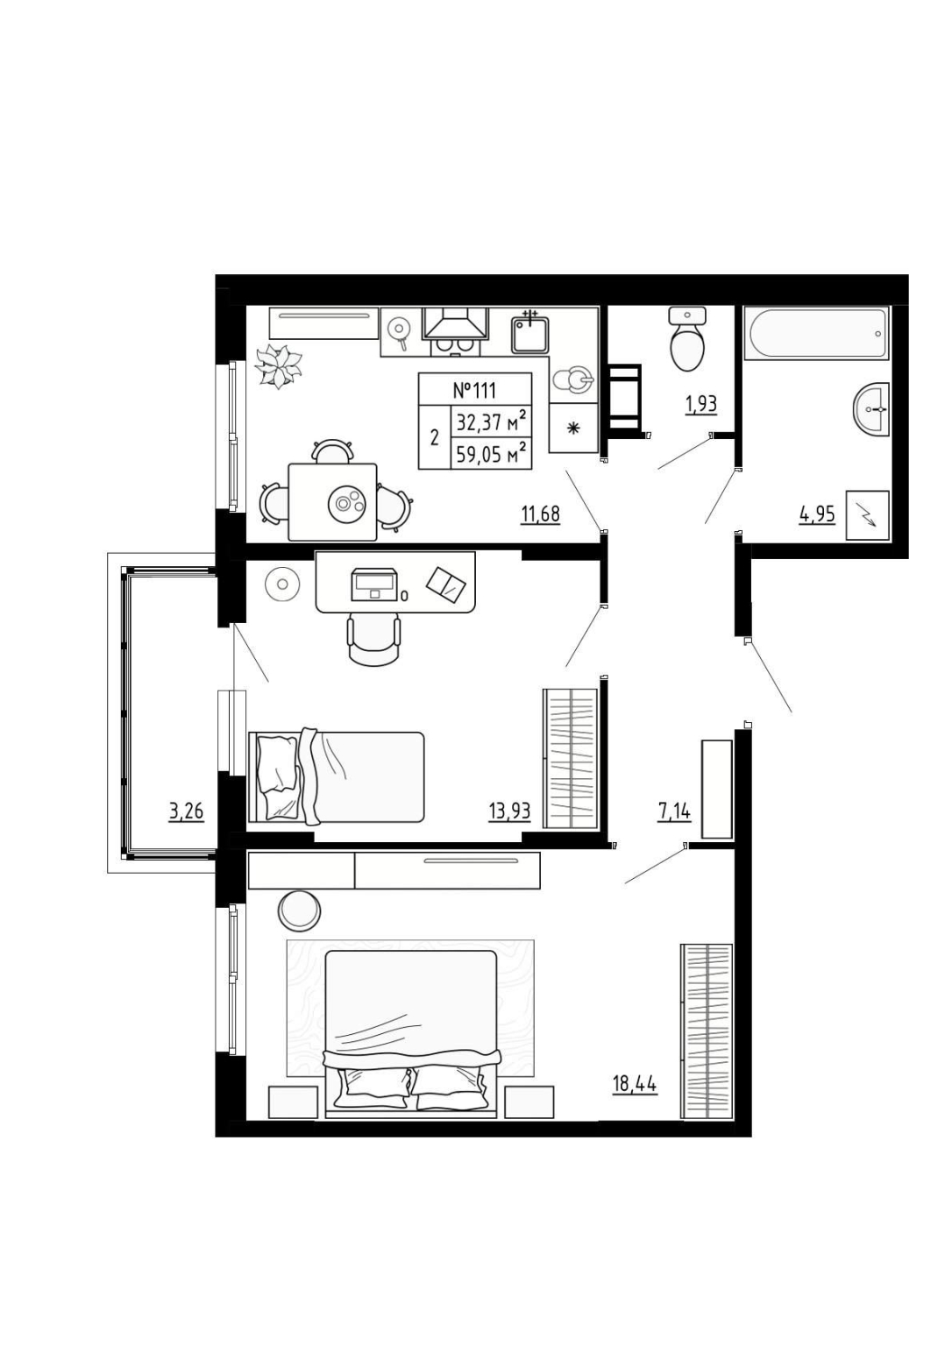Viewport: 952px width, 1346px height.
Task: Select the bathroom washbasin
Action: (x=870, y=409)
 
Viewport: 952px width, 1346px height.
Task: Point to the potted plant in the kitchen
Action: (x=277, y=366)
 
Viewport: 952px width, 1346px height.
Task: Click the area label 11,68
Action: (x=540, y=515)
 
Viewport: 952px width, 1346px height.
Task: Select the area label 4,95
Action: (x=816, y=515)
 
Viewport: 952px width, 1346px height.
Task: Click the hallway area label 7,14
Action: (x=674, y=811)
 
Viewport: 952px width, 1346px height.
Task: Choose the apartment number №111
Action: (x=474, y=390)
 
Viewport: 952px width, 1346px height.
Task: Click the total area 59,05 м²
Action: (x=492, y=454)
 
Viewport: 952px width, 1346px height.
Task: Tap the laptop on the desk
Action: (x=373, y=583)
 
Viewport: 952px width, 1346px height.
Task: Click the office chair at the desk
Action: (x=373, y=640)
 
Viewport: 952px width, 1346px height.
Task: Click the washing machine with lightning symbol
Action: (x=867, y=515)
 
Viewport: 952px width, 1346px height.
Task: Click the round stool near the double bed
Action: (x=299, y=909)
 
